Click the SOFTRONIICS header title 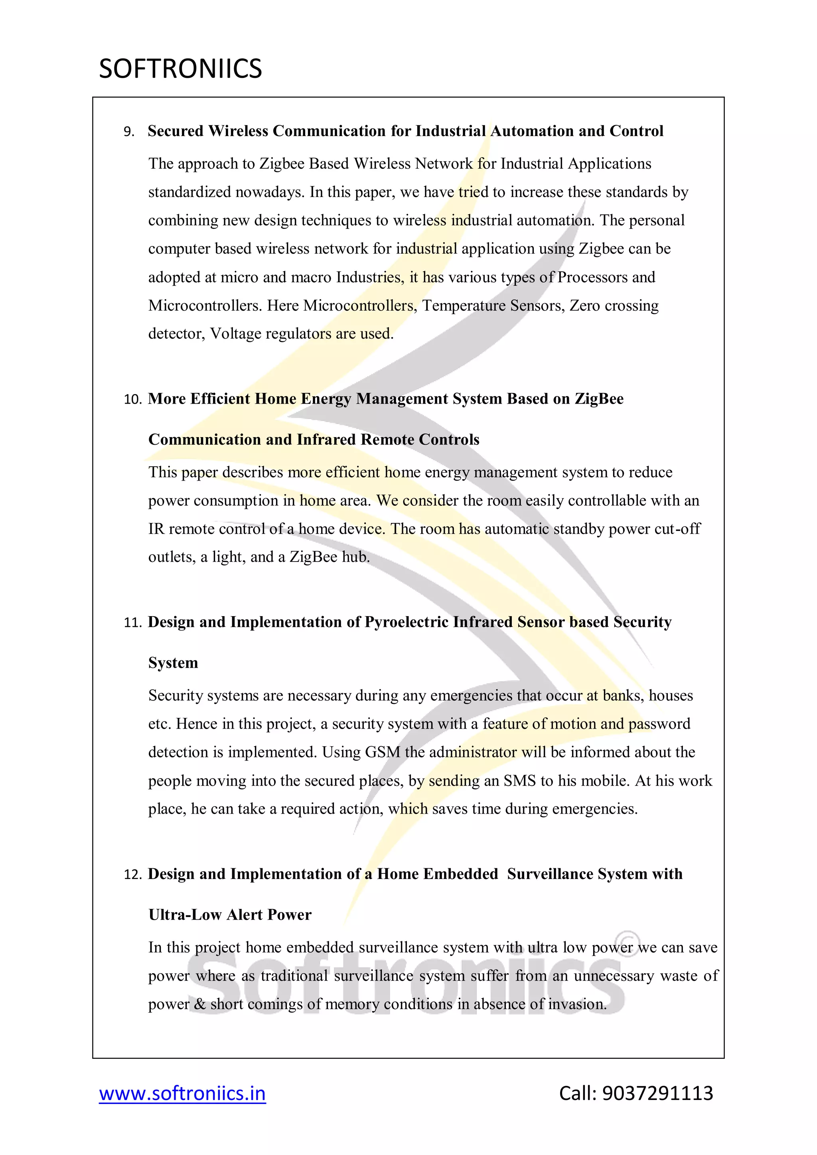point(180,69)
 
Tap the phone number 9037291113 point(657,1093)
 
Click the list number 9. point(129,132)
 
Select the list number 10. point(132,399)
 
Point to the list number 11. point(132,623)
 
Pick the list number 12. point(132,874)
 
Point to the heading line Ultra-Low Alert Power point(230,915)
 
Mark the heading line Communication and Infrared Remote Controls point(314,440)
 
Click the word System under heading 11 point(173,663)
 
